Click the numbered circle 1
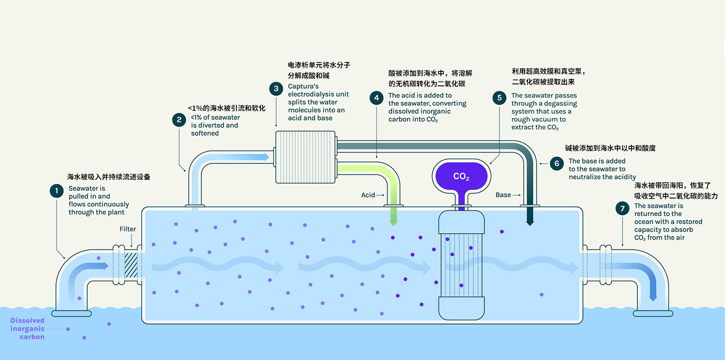coord(57,191)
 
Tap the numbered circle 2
coord(179,120)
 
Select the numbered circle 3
coord(276,89)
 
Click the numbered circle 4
coord(376,98)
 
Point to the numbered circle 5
coord(500,98)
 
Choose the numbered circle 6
coord(557,163)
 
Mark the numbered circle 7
coord(623,209)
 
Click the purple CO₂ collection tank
coord(461,176)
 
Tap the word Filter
coord(128,229)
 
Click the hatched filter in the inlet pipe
coord(131,265)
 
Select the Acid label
coord(368,195)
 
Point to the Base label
coord(503,195)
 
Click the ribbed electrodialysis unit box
coord(305,157)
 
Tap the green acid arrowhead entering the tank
coord(394,222)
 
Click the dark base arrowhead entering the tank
coord(530,223)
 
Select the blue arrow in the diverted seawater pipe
coord(248,157)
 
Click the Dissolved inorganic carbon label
coord(28,329)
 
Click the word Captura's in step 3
coord(303,86)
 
